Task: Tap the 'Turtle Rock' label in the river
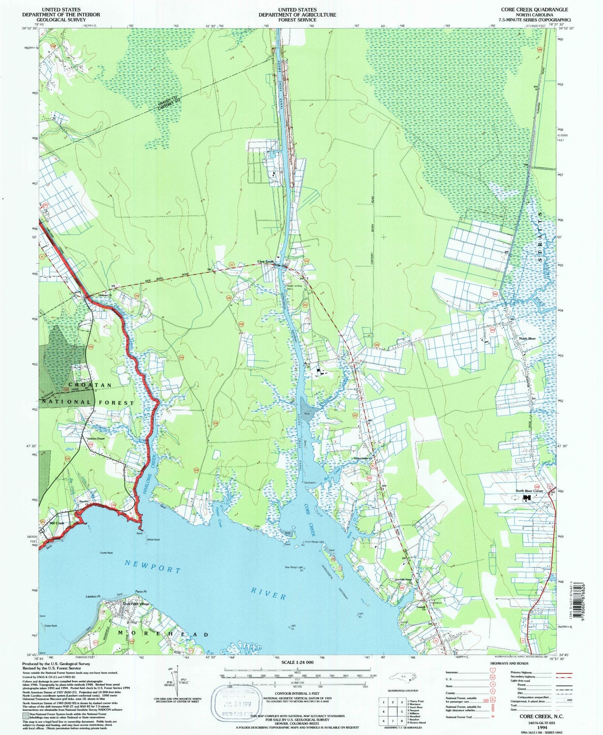tap(107, 553)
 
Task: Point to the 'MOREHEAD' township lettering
tap(163, 634)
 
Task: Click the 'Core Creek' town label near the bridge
tap(265, 262)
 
